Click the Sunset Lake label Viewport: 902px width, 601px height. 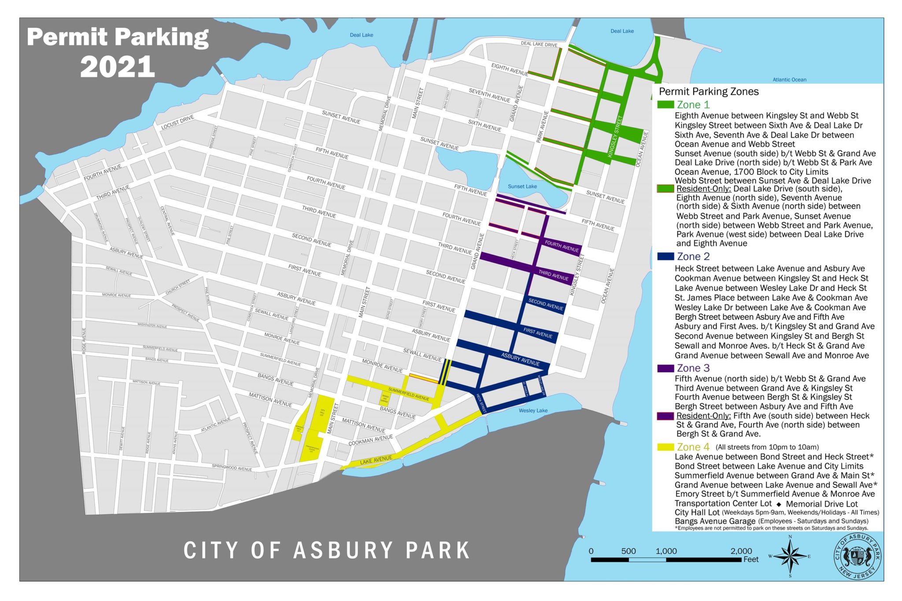522,186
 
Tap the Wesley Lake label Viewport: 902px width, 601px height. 533,410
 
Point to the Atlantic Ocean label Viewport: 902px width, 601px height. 789,80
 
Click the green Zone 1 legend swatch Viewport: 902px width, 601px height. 665,105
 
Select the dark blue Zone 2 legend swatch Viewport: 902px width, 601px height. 665,256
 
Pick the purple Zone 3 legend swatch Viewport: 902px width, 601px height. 665,368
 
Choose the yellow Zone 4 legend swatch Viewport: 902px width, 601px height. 665,447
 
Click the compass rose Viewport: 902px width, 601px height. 790,556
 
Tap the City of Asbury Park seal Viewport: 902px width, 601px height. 857,557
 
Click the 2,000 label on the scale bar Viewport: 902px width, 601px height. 741,551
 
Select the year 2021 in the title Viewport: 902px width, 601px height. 117,67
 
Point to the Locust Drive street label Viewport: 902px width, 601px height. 177,122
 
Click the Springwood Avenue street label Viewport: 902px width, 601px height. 232,468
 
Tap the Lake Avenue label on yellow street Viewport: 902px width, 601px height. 376,460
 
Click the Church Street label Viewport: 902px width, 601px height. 177,287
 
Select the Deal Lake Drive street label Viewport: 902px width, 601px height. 539,44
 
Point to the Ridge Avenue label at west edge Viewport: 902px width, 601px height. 84,340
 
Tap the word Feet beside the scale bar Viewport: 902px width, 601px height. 751,559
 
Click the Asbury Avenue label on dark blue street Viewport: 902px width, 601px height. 520,359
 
